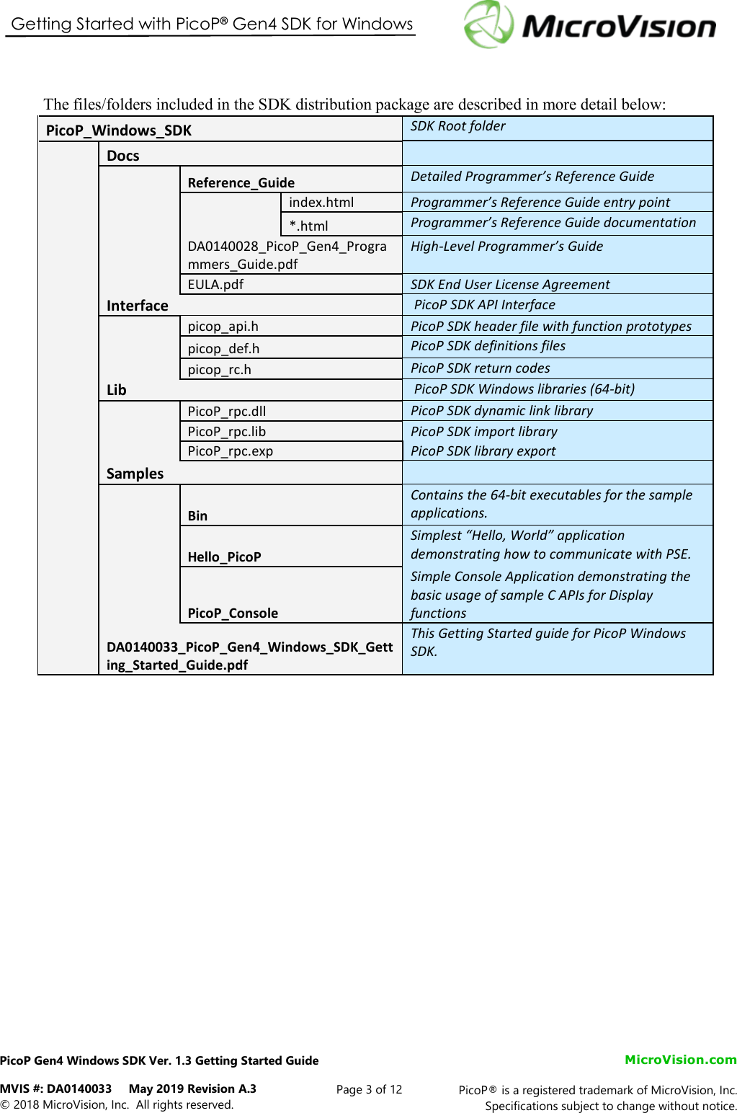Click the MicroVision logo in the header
(x=589, y=25)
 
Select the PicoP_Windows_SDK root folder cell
(x=119, y=130)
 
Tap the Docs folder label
(x=123, y=156)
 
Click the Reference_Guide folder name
(x=241, y=182)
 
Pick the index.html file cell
(x=321, y=203)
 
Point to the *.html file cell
(x=308, y=226)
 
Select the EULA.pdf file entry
(x=215, y=284)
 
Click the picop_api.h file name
(x=223, y=327)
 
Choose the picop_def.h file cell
(x=223, y=349)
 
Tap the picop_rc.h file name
(x=219, y=370)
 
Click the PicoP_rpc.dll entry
(x=226, y=412)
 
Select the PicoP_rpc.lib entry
(x=226, y=432)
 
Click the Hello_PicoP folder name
(x=224, y=556)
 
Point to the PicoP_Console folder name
(x=233, y=613)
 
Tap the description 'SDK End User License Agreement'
(x=510, y=285)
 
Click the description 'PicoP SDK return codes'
(x=480, y=368)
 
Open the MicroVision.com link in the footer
(x=680, y=1060)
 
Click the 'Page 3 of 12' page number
(x=369, y=1089)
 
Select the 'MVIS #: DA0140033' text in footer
(x=56, y=1088)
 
